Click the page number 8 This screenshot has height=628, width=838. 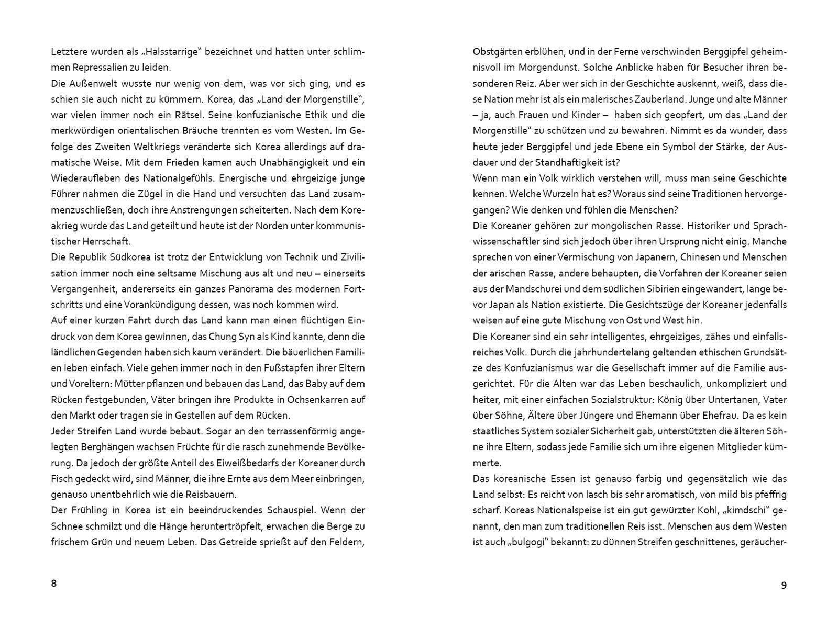[53, 584]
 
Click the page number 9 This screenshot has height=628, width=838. [784, 585]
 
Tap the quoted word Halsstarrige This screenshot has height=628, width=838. [172, 52]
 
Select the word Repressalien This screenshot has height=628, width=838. [98, 68]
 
